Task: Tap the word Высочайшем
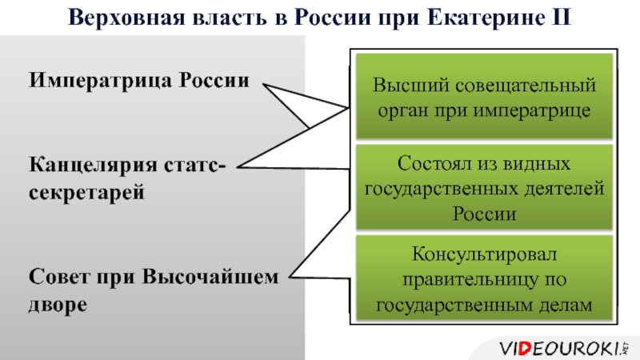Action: point(211,277)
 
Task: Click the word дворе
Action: point(58,305)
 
